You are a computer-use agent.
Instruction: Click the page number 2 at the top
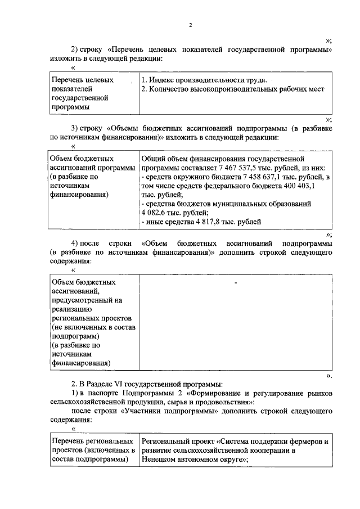(191, 25)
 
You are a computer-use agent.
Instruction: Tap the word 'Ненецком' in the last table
(163, 460)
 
